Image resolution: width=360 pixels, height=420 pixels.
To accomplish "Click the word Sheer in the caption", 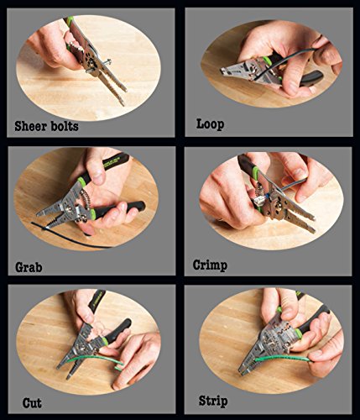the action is pyautogui.click(x=30, y=126).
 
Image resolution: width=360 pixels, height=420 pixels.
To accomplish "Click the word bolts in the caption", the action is pyautogui.click(x=65, y=126).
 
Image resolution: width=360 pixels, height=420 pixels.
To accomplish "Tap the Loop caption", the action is pyautogui.click(x=210, y=124).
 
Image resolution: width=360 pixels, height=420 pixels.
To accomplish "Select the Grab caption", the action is pyautogui.click(x=29, y=267).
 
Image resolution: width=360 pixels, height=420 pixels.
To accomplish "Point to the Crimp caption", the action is pyautogui.click(x=210, y=265).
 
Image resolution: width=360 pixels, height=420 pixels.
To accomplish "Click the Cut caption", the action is pyautogui.click(x=32, y=403).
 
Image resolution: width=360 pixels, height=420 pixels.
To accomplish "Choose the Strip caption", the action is pyautogui.click(x=213, y=402).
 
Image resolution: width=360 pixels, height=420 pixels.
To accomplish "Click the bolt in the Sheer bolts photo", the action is pyautogui.click(x=98, y=66).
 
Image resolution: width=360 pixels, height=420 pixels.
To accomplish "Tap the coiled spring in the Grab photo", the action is pyautogui.click(x=85, y=199).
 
